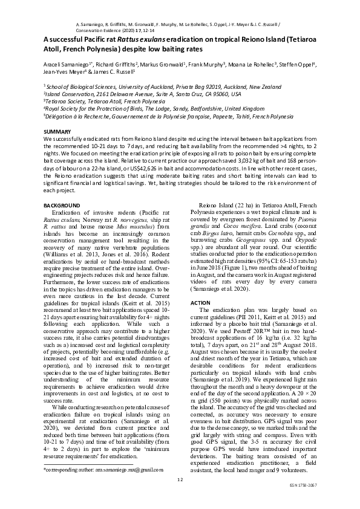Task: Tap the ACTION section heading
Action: (x=200, y=302)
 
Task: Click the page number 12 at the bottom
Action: (x=180, y=479)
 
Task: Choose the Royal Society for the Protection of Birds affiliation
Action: (x=154, y=109)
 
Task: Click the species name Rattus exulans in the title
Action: (x=140, y=39)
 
